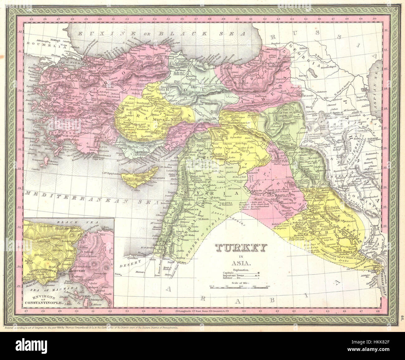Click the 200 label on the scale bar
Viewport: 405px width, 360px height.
coord(267,286)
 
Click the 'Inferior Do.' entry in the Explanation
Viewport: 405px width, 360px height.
coord(231,278)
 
